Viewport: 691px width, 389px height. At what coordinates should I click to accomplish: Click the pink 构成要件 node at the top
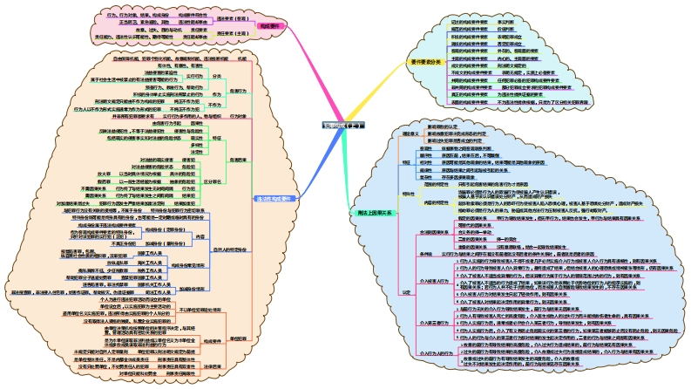(x=269, y=26)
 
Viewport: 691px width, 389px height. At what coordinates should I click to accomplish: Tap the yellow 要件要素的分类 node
(x=426, y=62)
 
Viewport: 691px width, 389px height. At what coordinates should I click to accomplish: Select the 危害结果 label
(x=237, y=160)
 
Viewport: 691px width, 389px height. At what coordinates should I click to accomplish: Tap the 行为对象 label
(x=236, y=117)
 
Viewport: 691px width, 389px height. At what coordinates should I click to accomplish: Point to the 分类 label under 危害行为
(x=217, y=77)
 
